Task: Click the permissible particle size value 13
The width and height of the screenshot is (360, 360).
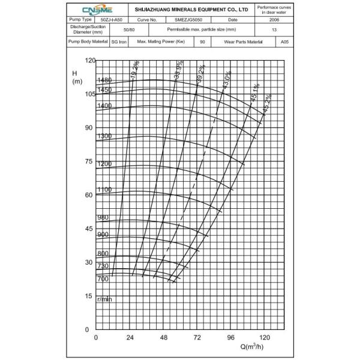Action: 274,29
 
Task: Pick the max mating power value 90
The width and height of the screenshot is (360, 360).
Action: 202,43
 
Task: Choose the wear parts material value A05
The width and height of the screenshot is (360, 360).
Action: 284,43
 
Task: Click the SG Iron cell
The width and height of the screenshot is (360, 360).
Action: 118,43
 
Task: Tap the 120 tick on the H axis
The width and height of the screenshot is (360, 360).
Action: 91,61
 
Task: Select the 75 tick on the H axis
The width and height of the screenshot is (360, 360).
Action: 91,161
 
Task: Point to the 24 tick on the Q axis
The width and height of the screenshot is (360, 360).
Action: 130,337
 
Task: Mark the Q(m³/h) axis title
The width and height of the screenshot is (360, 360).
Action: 253,347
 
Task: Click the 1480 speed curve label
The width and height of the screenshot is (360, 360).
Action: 105,80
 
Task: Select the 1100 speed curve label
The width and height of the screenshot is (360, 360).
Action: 105,190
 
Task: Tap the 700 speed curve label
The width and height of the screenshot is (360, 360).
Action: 103,279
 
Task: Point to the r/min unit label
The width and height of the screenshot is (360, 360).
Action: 105,299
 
